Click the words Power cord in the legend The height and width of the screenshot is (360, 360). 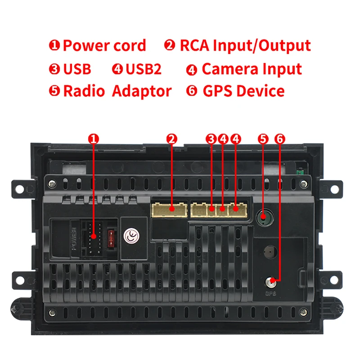pyautogui.click(x=104, y=45)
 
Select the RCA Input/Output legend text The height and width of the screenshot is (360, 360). pyautogui.click(x=245, y=45)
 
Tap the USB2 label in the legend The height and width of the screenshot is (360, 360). pyautogui.click(x=143, y=69)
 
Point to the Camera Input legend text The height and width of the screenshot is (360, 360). pyautogui.click(x=251, y=69)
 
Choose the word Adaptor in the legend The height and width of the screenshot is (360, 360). pyautogui.click(x=141, y=91)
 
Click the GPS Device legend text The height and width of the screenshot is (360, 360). pyautogui.click(x=243, y=91)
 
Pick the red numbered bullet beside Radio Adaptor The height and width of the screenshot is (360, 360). pyautogui.click(x=54, y=91)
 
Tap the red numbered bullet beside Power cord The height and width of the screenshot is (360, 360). pyautogui.click(x=54, y=45)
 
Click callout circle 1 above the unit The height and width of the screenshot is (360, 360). pyautogui.click(x=93, y=139)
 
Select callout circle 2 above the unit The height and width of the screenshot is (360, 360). pyautogui.click(x=171, y=139)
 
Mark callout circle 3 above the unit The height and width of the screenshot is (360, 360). pyautogui.click(x=211, y=139)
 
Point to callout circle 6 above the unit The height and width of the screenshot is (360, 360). pyautogui.click(x=279, y=139)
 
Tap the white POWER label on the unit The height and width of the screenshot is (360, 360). pyautogui.click(x=75, y=238)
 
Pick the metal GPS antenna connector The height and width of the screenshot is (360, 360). pyautogui.click(x=271, y=283)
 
